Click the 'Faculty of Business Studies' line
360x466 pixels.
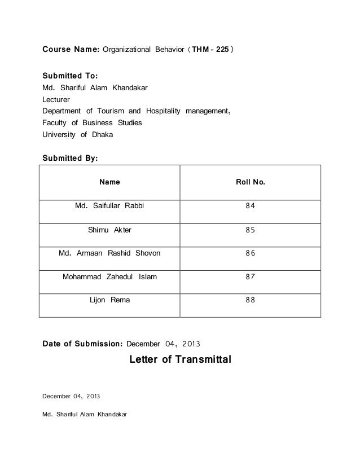93,122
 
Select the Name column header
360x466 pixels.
109,182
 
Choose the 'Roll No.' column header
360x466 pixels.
250,182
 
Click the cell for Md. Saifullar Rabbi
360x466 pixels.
109,206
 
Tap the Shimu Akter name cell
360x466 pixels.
109,230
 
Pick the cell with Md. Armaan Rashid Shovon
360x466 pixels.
109,253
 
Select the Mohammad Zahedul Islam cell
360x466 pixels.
109,277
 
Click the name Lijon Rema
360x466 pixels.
109,300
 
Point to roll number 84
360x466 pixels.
250,206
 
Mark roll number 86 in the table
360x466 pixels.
250,253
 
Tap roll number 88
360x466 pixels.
250,300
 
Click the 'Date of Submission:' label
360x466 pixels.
82,342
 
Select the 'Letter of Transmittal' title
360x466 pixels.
181,359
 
